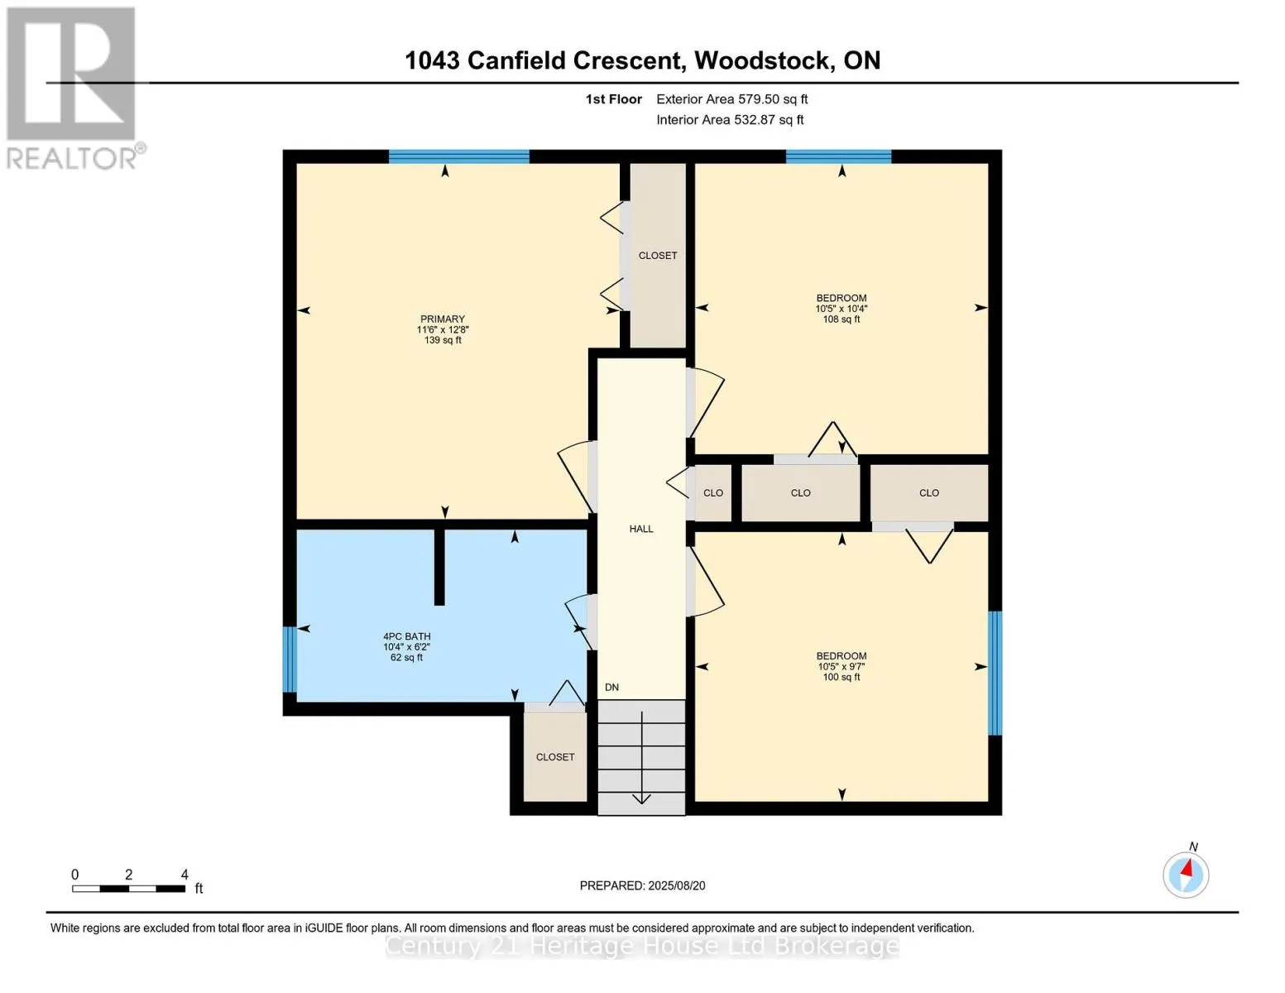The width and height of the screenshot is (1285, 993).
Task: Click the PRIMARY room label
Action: point(443,319)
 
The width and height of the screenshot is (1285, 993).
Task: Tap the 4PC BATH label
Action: point(406,636)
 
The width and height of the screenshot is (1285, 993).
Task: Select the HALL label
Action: point(641,529)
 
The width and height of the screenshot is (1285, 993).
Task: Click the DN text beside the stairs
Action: point(611,688)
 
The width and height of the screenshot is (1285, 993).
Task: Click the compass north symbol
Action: point(1186,874)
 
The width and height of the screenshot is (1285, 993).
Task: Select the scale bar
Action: point(128,889)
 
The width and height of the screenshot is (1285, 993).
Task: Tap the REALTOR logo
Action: point(72,87)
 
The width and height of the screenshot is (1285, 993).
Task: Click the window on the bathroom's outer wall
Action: point(290,659)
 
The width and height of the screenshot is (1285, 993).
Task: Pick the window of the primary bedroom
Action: point(458,156)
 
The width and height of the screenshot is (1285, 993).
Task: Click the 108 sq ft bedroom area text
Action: point(841,319)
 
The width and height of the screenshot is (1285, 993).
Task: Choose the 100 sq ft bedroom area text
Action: point(841,677)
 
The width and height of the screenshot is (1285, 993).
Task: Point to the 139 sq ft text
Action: point(443,340)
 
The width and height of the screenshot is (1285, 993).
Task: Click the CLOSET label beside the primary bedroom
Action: point(658,256)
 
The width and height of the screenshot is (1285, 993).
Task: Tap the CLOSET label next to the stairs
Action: point(555,757)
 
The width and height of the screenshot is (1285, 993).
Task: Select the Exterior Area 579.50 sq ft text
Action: point(731,99)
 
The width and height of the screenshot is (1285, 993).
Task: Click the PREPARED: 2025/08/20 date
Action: point(642,885)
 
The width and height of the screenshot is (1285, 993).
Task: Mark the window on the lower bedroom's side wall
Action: point(995,673)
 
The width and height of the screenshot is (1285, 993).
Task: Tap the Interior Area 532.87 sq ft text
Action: point(730,120)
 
